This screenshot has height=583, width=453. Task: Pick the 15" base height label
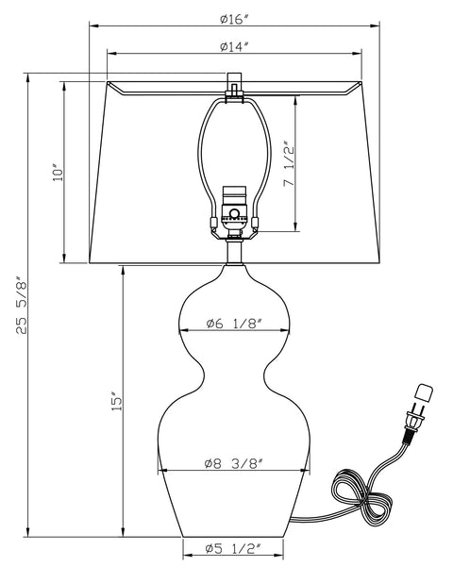point(115,402)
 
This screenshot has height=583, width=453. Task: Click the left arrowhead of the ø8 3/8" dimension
point(161,471)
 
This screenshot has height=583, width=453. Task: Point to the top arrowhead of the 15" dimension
point(122,269)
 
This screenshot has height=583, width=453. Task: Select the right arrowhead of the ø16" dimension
point(387,25)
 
